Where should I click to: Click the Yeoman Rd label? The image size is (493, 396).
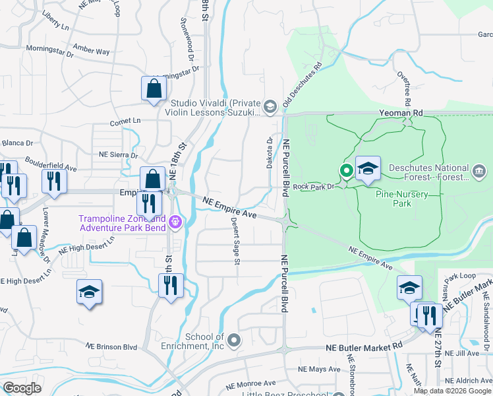[x=400, y=113]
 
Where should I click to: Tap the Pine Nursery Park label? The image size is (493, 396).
[x=402, y=199]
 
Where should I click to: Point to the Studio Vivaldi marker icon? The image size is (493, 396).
[x=270, y=106]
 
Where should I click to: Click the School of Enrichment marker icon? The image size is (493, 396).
[x=235, y=341]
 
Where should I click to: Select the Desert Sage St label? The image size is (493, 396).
[x=235, y=241]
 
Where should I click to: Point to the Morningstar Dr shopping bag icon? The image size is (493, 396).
[x=154, y=88]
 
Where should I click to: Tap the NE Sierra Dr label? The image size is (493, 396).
[x=118, y=154]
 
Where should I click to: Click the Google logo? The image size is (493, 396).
[x=22, y=389]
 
